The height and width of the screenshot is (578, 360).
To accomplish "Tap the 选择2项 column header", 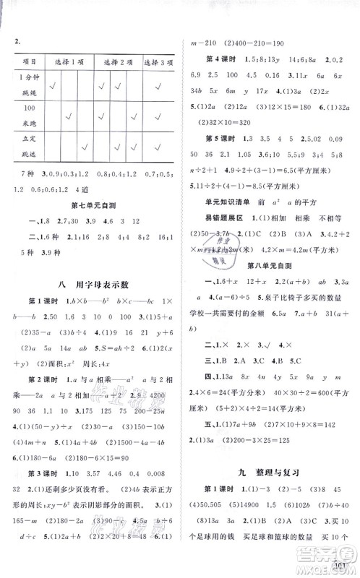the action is point(116,62).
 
